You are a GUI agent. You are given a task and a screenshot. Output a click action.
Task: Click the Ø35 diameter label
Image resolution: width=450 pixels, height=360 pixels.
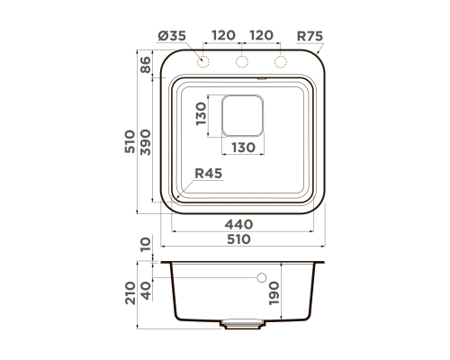pyautogui.click(x=172, y=36)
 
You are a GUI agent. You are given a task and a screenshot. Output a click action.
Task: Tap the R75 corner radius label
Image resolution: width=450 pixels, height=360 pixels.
pyautogui.click(x=310, y=36)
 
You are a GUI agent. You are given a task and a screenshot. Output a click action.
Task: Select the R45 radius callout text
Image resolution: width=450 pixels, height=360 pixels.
pyautogui.click(x=209, y=174)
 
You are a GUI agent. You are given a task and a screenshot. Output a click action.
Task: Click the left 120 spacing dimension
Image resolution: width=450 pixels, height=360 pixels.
pyautogui.click(x=223, y=35)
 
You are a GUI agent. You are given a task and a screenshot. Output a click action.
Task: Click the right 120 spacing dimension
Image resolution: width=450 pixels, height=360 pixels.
pyautogui.click(x=261, y=35)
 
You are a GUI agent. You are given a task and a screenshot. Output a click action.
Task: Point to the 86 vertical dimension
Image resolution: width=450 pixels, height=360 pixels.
pyautogui.click(x=146, y=65)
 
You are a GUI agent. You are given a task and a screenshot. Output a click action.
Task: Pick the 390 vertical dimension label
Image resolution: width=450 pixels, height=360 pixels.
pyautogui.click(x=146, y=142)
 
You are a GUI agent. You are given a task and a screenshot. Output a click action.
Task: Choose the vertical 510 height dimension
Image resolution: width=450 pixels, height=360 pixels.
pyautogui.click(x=130, y=141)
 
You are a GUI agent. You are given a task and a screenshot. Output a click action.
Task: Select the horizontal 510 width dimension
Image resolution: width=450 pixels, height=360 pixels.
pyautogui.click(x=238, y=239)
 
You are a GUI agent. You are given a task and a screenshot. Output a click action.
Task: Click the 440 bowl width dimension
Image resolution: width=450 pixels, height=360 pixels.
pyautogui.click(x=238, y=224)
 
